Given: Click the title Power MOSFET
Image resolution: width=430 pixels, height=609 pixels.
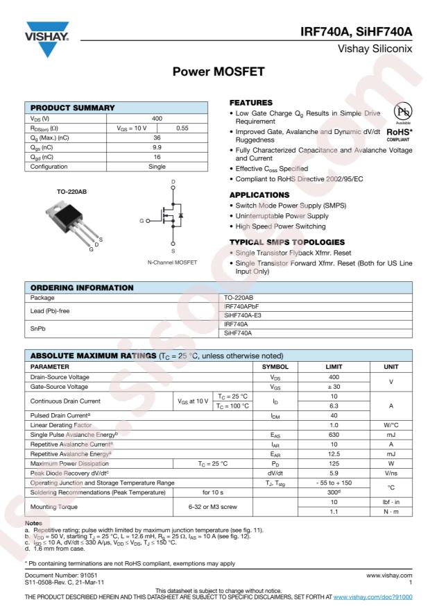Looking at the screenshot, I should [215, 72].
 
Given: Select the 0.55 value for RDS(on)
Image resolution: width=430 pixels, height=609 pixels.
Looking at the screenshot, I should [182, 128].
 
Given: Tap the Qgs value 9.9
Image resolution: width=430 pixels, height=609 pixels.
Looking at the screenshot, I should [157, 147].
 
